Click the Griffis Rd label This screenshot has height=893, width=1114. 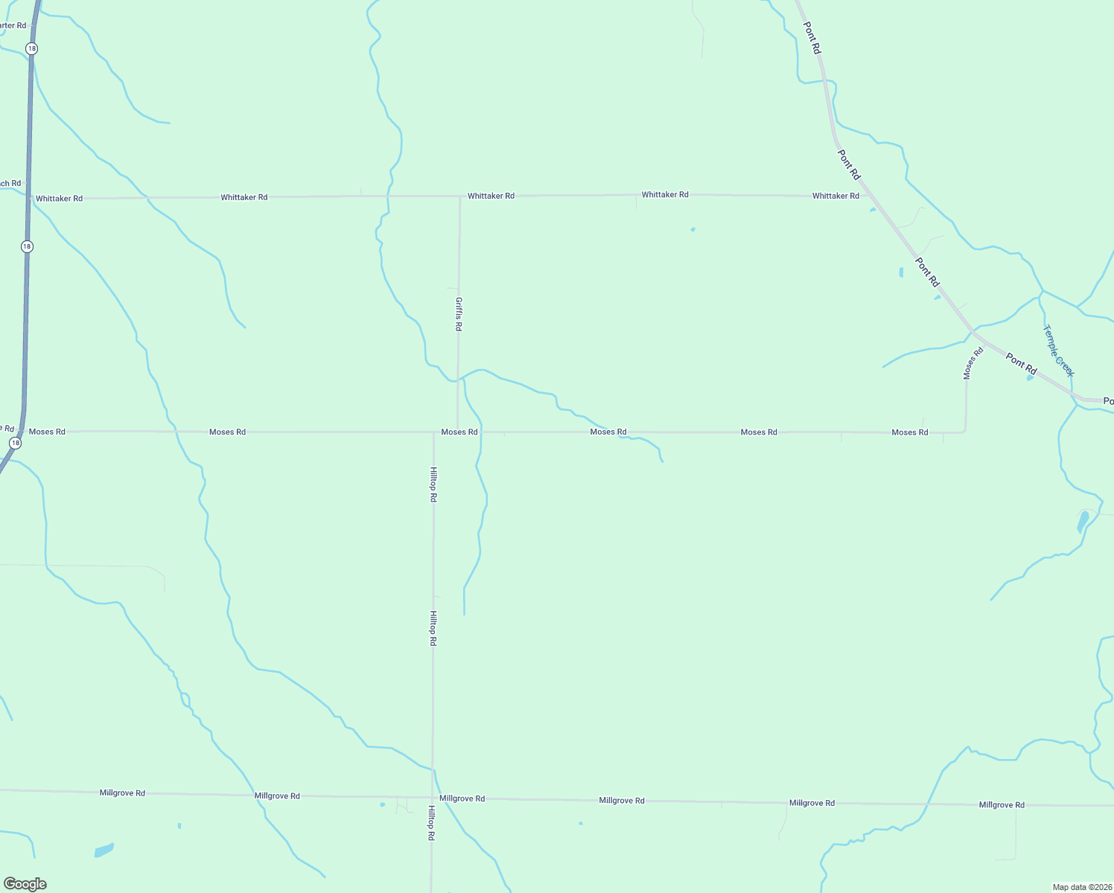click(459, 314)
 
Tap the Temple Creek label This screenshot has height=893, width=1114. click(1058, 351)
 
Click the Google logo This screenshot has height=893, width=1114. click(25, 884)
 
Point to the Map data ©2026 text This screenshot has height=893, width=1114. click(1082, 887)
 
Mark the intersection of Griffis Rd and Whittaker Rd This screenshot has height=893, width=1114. click(459, 196)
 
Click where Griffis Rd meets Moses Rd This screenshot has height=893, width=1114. click(457, 432)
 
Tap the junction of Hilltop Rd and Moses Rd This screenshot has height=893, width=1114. click(433, 432)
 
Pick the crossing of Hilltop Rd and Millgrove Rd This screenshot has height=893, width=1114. click(432, 798)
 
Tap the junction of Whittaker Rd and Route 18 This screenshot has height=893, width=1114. click(29, 199)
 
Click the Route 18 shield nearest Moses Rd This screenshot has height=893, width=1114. click(15, 443)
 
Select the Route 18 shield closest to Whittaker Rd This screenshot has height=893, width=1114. click(27, 246)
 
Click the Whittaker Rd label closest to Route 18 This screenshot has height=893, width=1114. click(59, 199)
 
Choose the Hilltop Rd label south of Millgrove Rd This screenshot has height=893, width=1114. click(431, 823)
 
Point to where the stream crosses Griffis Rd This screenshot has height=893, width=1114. click(458, 379)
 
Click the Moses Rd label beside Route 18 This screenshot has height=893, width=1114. click(47, 432)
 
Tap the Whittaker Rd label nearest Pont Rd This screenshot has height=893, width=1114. click(835, 196)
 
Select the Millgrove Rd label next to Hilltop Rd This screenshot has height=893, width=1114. click(462, 798)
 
